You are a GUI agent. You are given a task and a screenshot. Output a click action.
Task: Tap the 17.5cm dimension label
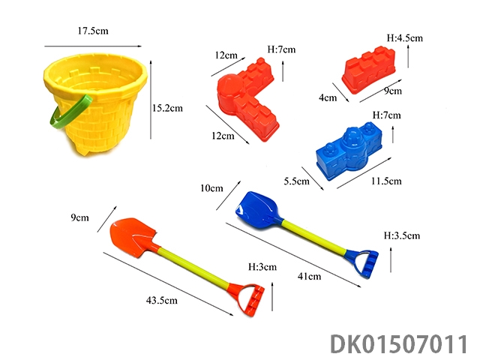93,31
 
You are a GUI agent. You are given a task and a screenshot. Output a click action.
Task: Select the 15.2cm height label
167,108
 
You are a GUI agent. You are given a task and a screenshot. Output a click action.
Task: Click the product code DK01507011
399,344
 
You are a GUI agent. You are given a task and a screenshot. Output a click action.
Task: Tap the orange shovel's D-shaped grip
248,300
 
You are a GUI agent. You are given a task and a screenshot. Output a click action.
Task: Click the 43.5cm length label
162,300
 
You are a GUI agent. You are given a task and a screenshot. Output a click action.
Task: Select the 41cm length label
310,277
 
